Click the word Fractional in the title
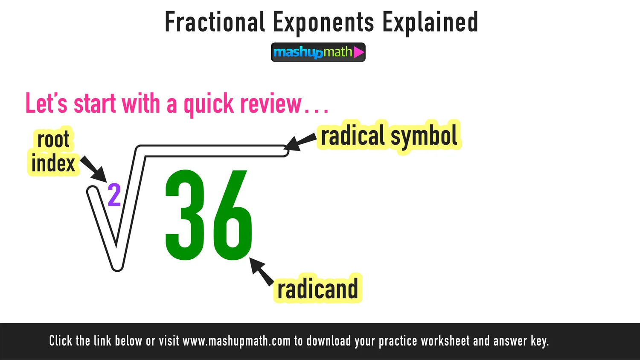[214, 22]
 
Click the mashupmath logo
[318, 52]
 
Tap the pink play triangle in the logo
[358, 52]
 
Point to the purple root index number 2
[114, 195]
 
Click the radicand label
[317, 289]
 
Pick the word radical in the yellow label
[353, 136]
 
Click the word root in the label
[53, 139]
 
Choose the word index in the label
[53, 163]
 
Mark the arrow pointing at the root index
[94, 169]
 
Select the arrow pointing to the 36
[261, 271]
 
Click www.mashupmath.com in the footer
[236, 341]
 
